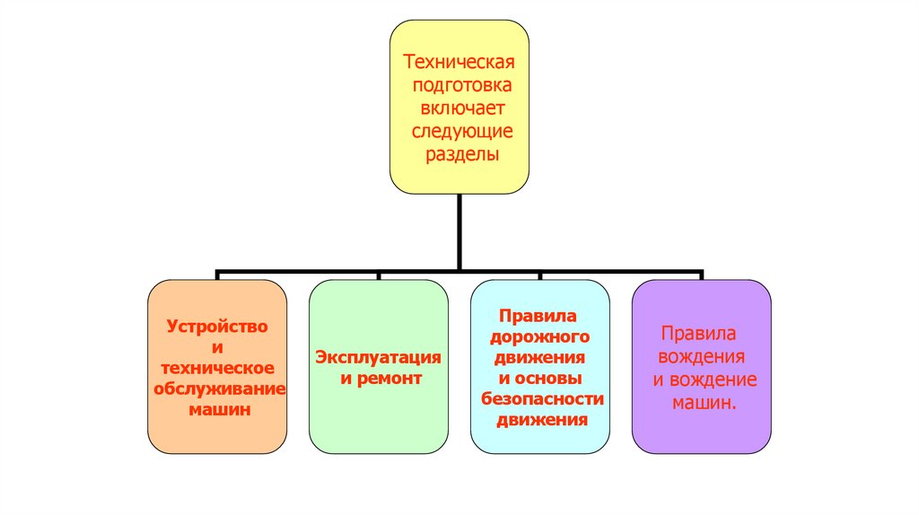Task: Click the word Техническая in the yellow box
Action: click(x=459, y=64)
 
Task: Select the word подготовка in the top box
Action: click(x=459, y=87)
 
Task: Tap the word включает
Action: click(x=459, y=109)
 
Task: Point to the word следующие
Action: click(x=459, y=132)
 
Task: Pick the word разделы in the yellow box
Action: click(x=459, y=154)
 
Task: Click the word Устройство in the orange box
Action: click(x=217, y=327)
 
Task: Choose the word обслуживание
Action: click(x=218, y=388)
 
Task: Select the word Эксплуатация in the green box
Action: click(x=378, y=358)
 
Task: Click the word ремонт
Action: click(x=390, y=379)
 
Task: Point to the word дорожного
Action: click(x=538, y=338)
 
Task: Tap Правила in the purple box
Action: click(x=698, y=334)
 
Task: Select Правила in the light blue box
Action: click(x=538, y=318)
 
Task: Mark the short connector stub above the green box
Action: click(x=378, y=274)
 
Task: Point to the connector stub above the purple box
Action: click(x=702, y=274)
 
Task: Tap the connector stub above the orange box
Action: click(x=217, y=274)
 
